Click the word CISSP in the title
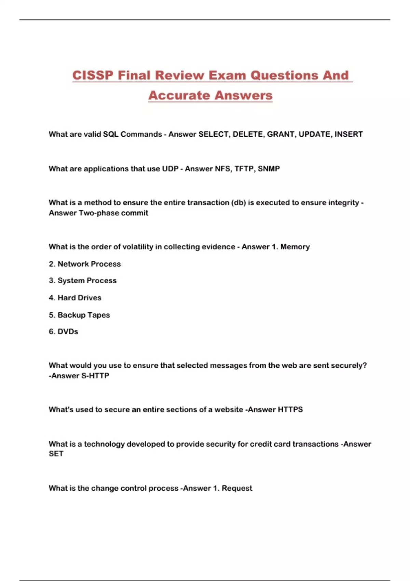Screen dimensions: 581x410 coord(93,75)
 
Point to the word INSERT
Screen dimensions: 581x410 coord(348,134)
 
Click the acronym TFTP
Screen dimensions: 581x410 coord(244,169)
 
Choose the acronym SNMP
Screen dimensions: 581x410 coord(269,169)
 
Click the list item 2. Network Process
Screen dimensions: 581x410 coord(85,264)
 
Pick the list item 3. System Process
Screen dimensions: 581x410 coord(83,281)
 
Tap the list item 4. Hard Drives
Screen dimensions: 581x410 coord(75,298)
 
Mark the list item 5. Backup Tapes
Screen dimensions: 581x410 coord(79,315)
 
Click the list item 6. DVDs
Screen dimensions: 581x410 coord(64,332)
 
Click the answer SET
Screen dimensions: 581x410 coord(56,454)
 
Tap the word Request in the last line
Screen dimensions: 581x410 coord(237,488)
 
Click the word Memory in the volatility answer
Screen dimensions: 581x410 coord(295,247)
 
